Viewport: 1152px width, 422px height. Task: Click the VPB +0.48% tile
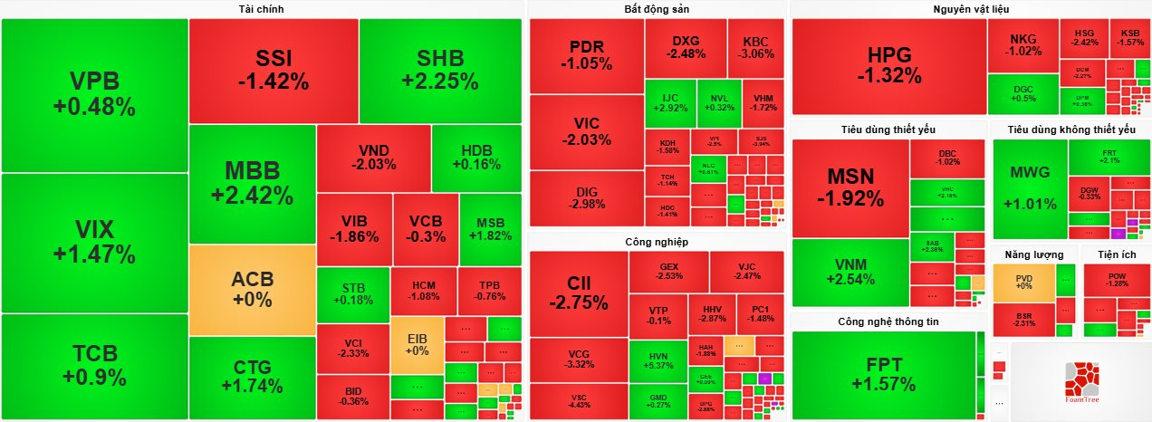point(94,94)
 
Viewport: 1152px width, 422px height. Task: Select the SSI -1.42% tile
point(274,71)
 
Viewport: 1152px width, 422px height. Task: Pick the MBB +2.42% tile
point(253,183)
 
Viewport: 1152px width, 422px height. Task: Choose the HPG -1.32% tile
point(888,67)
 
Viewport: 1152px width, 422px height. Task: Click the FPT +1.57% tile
point(884,374)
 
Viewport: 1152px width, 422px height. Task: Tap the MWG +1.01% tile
point(1029,188)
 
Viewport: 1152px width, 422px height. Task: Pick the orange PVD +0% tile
point(1023,282)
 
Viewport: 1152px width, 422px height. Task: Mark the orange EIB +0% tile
point(417,344)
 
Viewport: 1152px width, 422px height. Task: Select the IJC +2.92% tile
point(670,103)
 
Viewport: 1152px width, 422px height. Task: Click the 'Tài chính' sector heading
point(261,9)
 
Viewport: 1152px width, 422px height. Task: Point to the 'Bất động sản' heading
point(657,9)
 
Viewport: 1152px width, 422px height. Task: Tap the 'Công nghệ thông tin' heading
point(888,321)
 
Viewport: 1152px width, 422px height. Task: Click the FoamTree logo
point(1081,381)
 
